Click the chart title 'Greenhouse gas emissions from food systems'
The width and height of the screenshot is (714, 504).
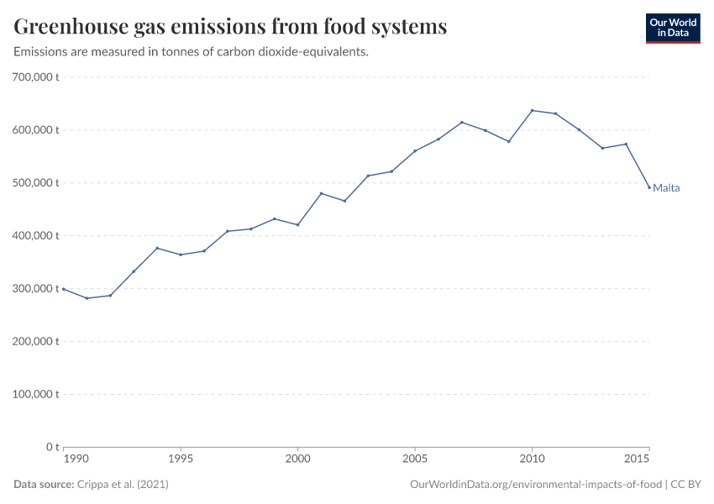coord(230,27)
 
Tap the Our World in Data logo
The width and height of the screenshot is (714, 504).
coord(672,28)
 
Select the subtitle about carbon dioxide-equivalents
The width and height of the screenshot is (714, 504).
coord(192,52)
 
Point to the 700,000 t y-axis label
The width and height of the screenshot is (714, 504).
coord(36,77)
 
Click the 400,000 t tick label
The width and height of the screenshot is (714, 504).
coord(36,236)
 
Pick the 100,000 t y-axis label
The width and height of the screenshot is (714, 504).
coord(36,394)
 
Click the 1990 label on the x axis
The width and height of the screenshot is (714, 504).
coord(76,459)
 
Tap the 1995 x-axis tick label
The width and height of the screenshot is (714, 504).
coord(181,459)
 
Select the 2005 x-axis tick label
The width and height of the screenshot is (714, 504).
coord(414,459)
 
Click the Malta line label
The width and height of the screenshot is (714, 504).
coord(666,188)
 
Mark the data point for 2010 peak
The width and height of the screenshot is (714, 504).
coord(532,110)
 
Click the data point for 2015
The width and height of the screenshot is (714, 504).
coord(648,186)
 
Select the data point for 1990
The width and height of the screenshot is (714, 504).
coord(64,289)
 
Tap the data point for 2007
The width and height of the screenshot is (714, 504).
coord(462,123)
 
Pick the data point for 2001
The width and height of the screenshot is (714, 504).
coord(321,193)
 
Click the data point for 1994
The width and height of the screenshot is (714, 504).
coord(157,248)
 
